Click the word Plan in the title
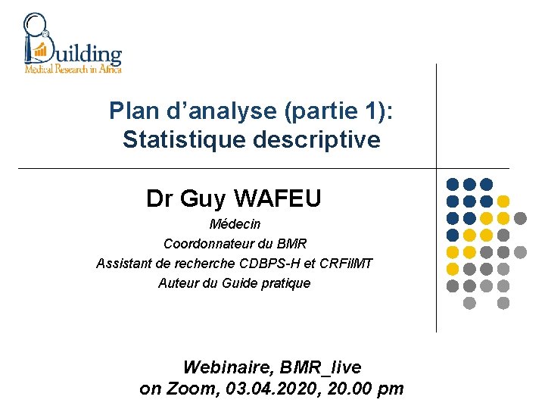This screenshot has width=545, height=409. point(130,111)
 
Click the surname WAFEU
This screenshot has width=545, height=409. point(278,198)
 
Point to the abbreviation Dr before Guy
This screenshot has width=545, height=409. point(160,198)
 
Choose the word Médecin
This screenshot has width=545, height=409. point(235,224)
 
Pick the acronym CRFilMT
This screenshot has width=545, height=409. point(346,264)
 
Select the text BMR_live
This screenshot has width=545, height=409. point(320,367)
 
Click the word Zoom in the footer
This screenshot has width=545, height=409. point(190,389)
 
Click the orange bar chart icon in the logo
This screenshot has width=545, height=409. point(39,52)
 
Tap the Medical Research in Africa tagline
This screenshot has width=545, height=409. point(73,68)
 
